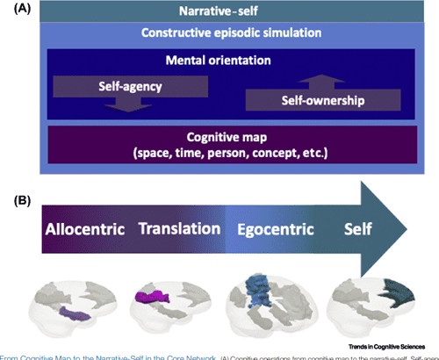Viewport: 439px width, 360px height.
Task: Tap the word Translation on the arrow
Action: click(179, 228)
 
